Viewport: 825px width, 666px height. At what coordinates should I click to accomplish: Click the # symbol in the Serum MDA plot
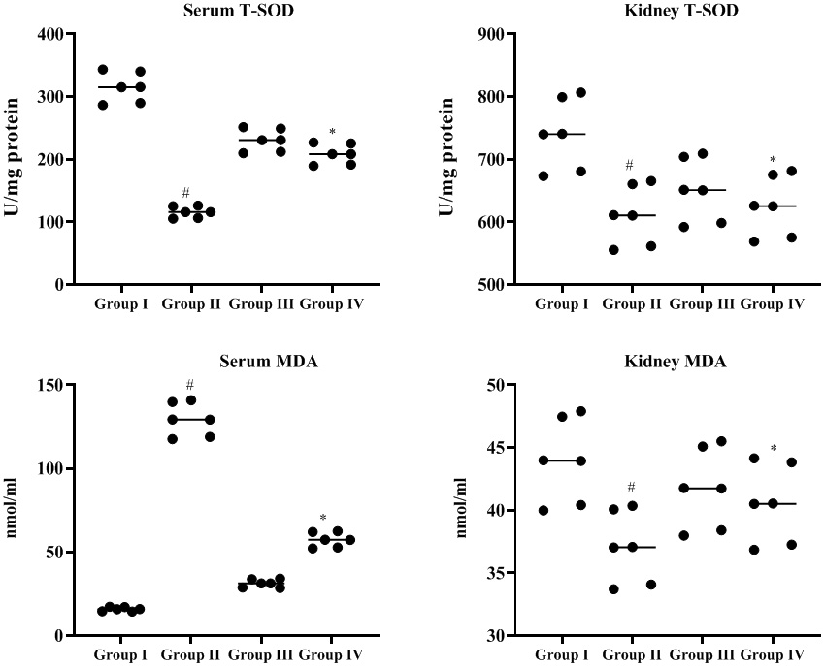coord(190,385)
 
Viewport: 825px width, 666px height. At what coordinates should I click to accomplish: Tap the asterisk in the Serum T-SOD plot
coord(332,133)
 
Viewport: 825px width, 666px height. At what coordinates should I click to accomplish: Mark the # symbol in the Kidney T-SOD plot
coord(629,165)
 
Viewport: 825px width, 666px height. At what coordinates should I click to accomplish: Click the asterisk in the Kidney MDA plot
coord(773,449)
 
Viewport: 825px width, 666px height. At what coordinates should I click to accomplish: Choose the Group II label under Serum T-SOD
coord(191,304)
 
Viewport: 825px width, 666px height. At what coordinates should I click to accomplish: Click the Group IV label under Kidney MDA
coord(773,655)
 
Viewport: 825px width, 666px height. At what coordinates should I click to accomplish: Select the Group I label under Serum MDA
coord(120,655)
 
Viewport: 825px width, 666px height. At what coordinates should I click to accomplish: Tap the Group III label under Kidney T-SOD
coord(703,304)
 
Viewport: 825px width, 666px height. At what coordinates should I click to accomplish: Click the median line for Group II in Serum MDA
coord(190,419)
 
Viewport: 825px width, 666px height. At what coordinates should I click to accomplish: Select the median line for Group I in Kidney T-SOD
coord(560,134)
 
